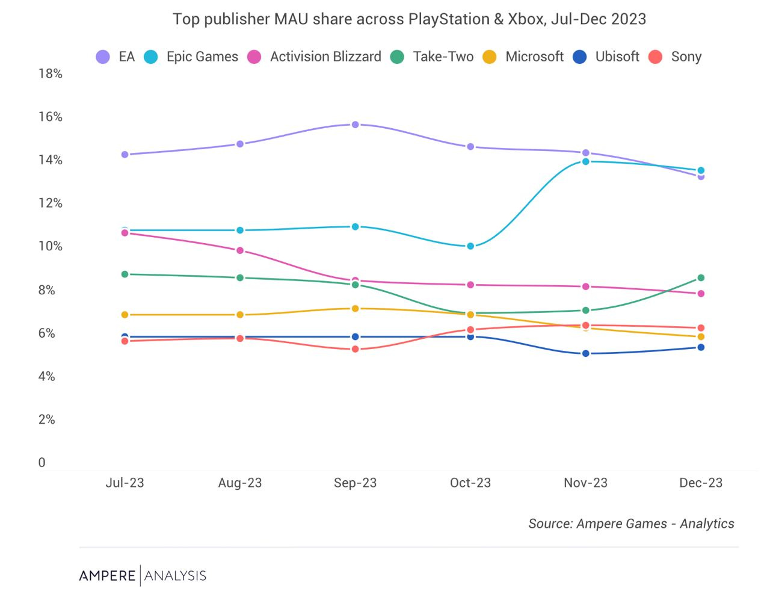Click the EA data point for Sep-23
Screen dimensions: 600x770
tap(355, 125)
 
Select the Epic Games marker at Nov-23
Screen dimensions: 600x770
tap(585, 161)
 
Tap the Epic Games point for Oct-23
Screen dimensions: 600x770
tap(470, 246)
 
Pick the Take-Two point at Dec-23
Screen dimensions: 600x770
tap(701, 278)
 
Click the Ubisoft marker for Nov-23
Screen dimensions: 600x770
tap(585, 354)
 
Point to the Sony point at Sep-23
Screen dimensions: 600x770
tap(355, 349)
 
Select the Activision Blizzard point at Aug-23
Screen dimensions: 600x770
tap(240, 250)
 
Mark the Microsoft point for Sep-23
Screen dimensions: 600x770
tap(355, 309)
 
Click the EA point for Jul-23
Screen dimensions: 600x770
tap(125, 155)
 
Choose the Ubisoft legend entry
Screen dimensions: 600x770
tap(606, 57)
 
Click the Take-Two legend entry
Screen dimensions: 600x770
tap(432, 57)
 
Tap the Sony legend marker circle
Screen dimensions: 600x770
tap(655, 57)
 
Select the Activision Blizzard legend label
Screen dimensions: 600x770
tap(325, 57)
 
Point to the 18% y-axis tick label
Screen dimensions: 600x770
tap(51, 73)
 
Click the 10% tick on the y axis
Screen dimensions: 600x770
tap(51, 246)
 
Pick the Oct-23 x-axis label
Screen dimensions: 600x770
tap(470, 483)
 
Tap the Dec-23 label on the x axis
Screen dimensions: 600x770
tap(701, 483)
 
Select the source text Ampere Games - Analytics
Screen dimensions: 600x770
tap(655, 524)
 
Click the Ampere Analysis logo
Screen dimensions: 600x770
tap(143, 576)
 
